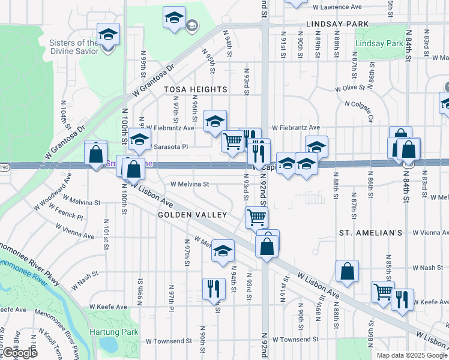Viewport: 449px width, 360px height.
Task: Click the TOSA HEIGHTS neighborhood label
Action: point(196,89)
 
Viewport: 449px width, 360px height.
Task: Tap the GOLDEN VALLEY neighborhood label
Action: point(192,214)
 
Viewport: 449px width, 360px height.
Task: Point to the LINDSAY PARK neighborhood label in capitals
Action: point(337,24)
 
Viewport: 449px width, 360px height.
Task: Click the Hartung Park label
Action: point(113,332)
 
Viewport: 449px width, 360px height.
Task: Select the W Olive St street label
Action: point(351,88)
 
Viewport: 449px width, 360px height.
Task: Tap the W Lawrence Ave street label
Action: point(337,7)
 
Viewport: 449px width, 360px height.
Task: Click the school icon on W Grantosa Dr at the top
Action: point(174,17)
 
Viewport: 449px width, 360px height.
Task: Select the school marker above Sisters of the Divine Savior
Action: point(108,34)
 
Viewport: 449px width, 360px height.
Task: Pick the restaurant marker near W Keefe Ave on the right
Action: point(402,299)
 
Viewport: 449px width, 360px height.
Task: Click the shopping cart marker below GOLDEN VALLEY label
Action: point(256,217)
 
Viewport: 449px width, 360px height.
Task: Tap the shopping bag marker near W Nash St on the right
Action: point(348,271)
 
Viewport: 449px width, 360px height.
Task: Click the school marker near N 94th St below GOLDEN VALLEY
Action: point(223,250)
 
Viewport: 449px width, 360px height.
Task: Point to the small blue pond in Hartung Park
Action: point(109,344)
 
